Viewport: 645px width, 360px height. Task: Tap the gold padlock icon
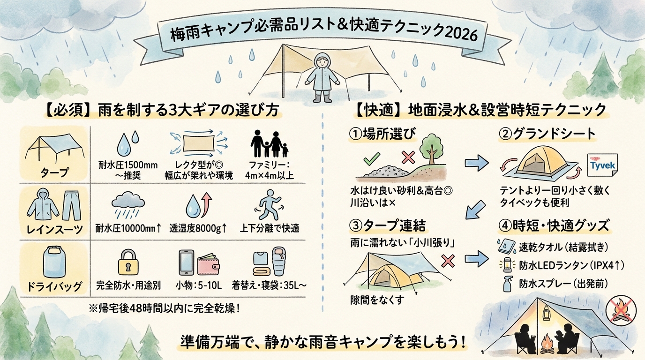[x=128, y=262]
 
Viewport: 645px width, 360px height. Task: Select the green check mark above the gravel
[x=371, y=158]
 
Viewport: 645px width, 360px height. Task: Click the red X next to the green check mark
[x=408, y=157]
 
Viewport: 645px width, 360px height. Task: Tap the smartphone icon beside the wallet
[x=186, y=262]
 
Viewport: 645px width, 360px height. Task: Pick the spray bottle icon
[x=507, y=284]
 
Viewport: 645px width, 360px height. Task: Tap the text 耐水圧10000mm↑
[x=128, y=228]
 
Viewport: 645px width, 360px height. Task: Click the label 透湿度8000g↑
[x=198, y=228]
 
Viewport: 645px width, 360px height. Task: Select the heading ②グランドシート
[x=547, y=134]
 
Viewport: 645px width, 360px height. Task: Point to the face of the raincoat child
[x=322, y=62]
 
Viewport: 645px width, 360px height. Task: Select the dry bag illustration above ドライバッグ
[x=54, y=262]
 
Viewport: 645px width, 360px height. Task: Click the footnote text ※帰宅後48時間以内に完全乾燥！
[x=165, y=309]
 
